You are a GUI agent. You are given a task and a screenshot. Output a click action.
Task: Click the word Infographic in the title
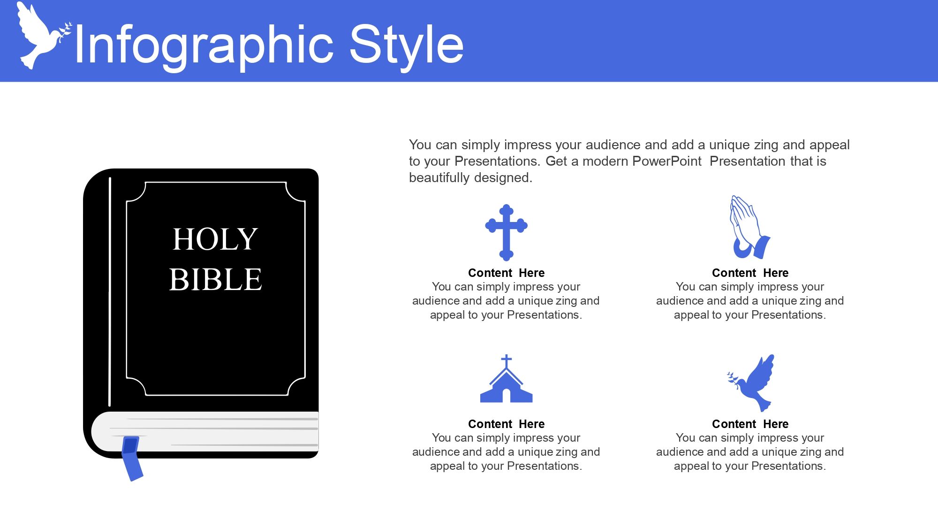click(204, 45)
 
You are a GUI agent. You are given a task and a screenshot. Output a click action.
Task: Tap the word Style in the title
click(406, 45)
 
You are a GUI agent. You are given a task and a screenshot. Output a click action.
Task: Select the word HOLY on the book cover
click(215, 239)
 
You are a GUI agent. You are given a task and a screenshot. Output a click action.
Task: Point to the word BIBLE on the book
click(215, 279)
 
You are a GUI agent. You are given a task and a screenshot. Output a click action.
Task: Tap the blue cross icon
click(506, 232)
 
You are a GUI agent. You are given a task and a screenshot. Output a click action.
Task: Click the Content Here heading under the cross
click(506, 273)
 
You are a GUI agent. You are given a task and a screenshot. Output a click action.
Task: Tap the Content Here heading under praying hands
click(750, 273)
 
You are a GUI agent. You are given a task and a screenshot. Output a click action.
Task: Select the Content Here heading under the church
click(506, 424)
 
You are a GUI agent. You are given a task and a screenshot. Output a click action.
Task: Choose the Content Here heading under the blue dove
click(750, 424)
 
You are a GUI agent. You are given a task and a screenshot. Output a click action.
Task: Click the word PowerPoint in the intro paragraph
click(667, 161)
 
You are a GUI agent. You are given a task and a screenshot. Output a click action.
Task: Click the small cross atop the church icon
click(506, 361)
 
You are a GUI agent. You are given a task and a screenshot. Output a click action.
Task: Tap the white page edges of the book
click(205, 432)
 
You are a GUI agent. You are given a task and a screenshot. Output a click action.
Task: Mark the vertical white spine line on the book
click(110, 291)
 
